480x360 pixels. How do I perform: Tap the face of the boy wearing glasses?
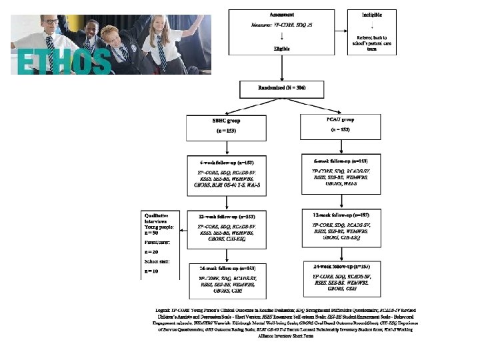(49, 25)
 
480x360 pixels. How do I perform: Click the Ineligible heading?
(372, 15)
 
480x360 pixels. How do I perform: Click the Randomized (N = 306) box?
(283, 89)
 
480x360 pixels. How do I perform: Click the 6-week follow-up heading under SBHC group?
(227, 162)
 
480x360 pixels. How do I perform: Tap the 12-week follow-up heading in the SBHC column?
(227, 217)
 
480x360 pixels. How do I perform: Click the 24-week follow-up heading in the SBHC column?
(227, 268)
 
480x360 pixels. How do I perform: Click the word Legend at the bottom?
(163, 311)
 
